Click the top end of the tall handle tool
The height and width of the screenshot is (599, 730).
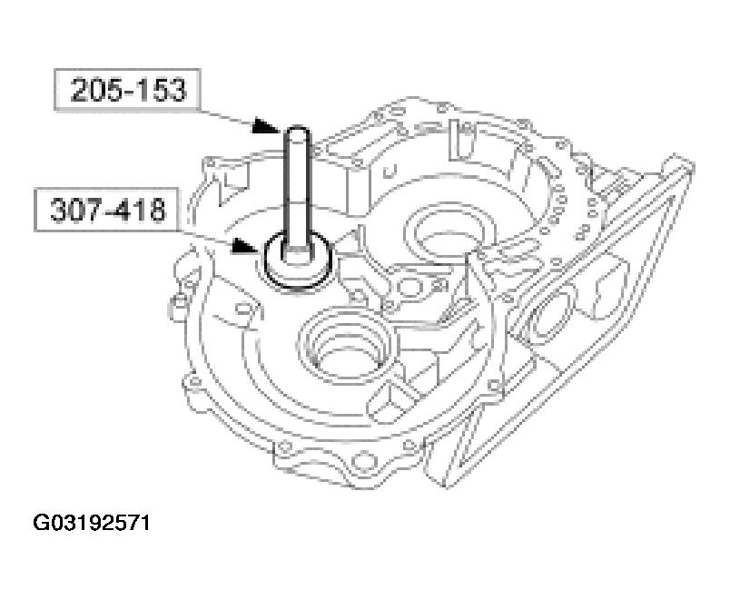(298, 133)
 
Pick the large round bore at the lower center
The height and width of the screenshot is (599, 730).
(348, 340)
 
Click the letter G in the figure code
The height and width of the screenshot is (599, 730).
(42, 524)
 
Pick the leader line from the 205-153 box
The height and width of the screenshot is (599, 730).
(232, 115)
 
